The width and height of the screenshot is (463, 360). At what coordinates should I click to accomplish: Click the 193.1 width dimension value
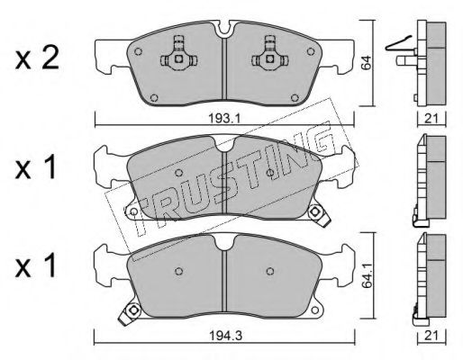(x=224, y=119)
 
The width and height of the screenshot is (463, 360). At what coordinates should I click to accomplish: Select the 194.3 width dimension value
(x=225, y=336)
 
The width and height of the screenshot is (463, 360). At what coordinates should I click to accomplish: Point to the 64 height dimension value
(x=366, y=63)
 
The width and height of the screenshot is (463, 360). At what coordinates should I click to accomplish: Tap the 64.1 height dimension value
(x=366, y=276)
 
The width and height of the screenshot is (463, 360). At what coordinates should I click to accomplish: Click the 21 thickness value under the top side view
(x=431, y=119)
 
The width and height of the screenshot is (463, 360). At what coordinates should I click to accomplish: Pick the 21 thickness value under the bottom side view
(x=431, y=336)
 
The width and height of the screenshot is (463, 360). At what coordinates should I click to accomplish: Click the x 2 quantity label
(x=37, y=59)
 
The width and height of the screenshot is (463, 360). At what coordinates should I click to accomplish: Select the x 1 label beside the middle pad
(x=36, y=168)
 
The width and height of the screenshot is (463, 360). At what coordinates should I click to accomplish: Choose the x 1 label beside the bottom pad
(x=36, y=265)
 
